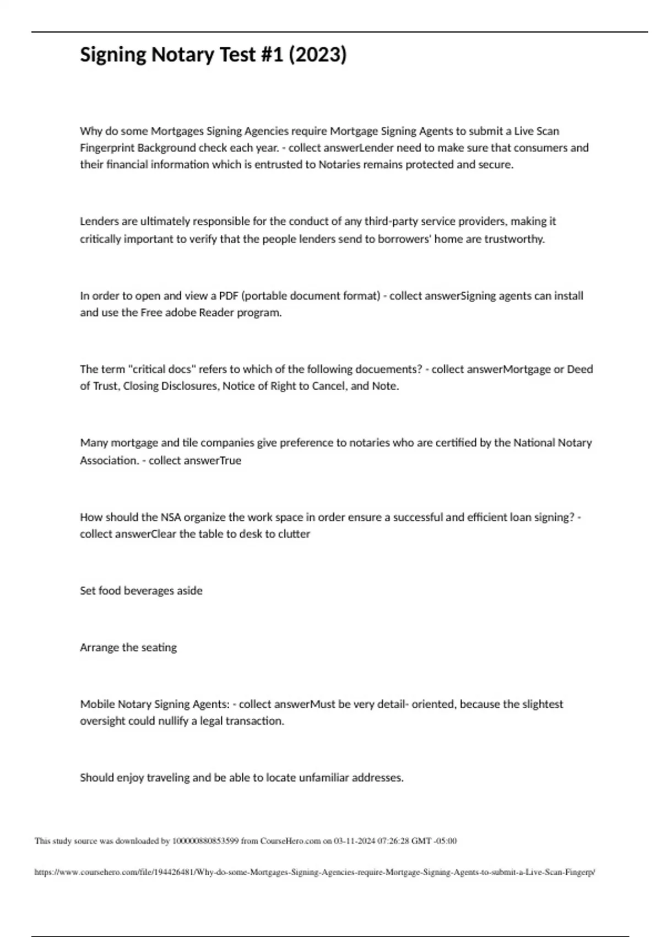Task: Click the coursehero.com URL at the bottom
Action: (x=315, y=873)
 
